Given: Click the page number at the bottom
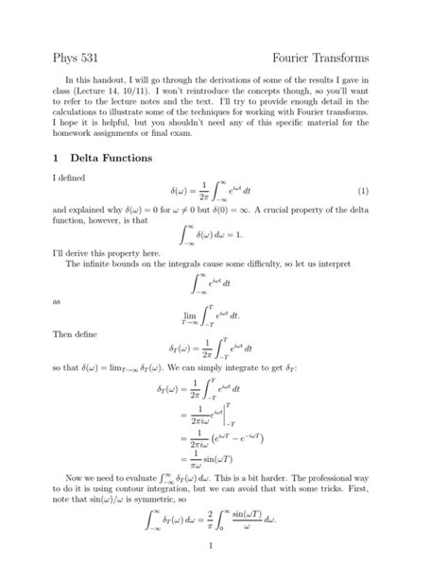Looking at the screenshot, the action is [223, 570].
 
